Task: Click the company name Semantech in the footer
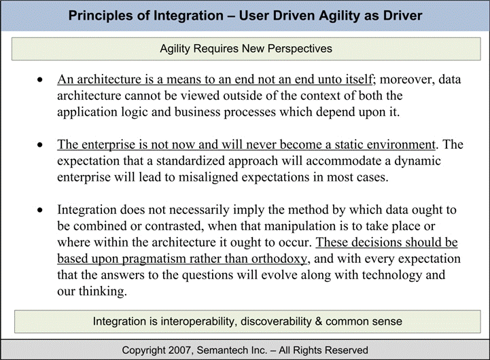pos(230,350)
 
